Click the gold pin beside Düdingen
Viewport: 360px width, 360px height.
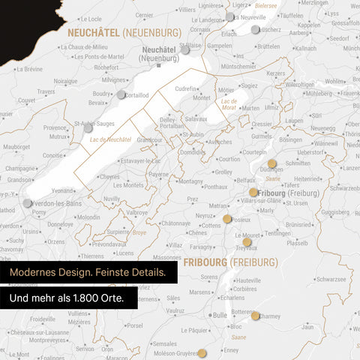click(271, 163)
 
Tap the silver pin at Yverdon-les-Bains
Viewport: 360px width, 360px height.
click(28, 202)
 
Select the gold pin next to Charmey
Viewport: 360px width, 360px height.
click(255, 316)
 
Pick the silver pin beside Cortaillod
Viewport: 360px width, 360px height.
click(121, 94)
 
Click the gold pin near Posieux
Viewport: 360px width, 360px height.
click(227, 219)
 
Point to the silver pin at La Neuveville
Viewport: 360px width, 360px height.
click(229, 16)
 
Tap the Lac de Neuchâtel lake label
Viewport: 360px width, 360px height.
click(110, 139)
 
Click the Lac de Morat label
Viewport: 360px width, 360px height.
click(229, 103)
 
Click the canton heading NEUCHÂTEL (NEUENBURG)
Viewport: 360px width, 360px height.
click(124, 33)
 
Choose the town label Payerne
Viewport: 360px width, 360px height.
click(158, 174)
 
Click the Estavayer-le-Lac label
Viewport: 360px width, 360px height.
click(140, 160)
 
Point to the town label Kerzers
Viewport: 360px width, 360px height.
click(276, 73)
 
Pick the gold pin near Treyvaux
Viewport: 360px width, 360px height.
click(247, 241)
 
